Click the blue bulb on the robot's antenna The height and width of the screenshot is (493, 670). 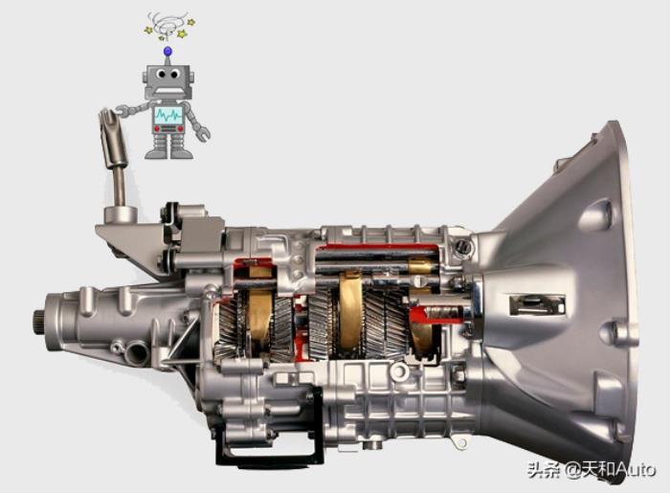167,52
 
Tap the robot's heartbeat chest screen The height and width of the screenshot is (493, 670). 168,114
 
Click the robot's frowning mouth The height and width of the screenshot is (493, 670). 167,90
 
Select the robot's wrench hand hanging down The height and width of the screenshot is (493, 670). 202,134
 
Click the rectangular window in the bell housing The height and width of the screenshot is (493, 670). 537,304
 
